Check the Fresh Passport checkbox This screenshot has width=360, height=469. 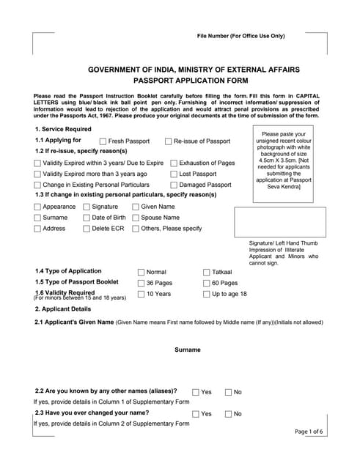tap(103, 141)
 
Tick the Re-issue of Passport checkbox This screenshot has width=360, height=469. tap(167, 141)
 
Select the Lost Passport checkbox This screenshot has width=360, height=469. tap(173, 174)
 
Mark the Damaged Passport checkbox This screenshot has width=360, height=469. tap(173, 185)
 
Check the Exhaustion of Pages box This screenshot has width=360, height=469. tap(173, 163)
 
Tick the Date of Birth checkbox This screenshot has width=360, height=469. tap(86, 218)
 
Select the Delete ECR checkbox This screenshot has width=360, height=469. tap(86, 229)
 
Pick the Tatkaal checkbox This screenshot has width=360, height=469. tap(206, 272)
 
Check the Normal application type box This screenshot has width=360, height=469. tap(141, 272)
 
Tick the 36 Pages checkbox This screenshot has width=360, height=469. tap(141, 283)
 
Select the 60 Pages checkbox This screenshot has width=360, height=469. tap(206, 283)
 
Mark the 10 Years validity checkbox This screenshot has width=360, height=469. tap(141, 294)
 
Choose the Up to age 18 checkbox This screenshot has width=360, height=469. tap(206, 294)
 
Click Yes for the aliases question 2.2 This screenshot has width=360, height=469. tap(196, 392)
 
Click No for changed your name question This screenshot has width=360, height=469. tap(228, 414)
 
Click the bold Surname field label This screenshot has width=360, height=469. tap(187, 350)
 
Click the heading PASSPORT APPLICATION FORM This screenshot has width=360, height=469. tap(180, 81)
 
